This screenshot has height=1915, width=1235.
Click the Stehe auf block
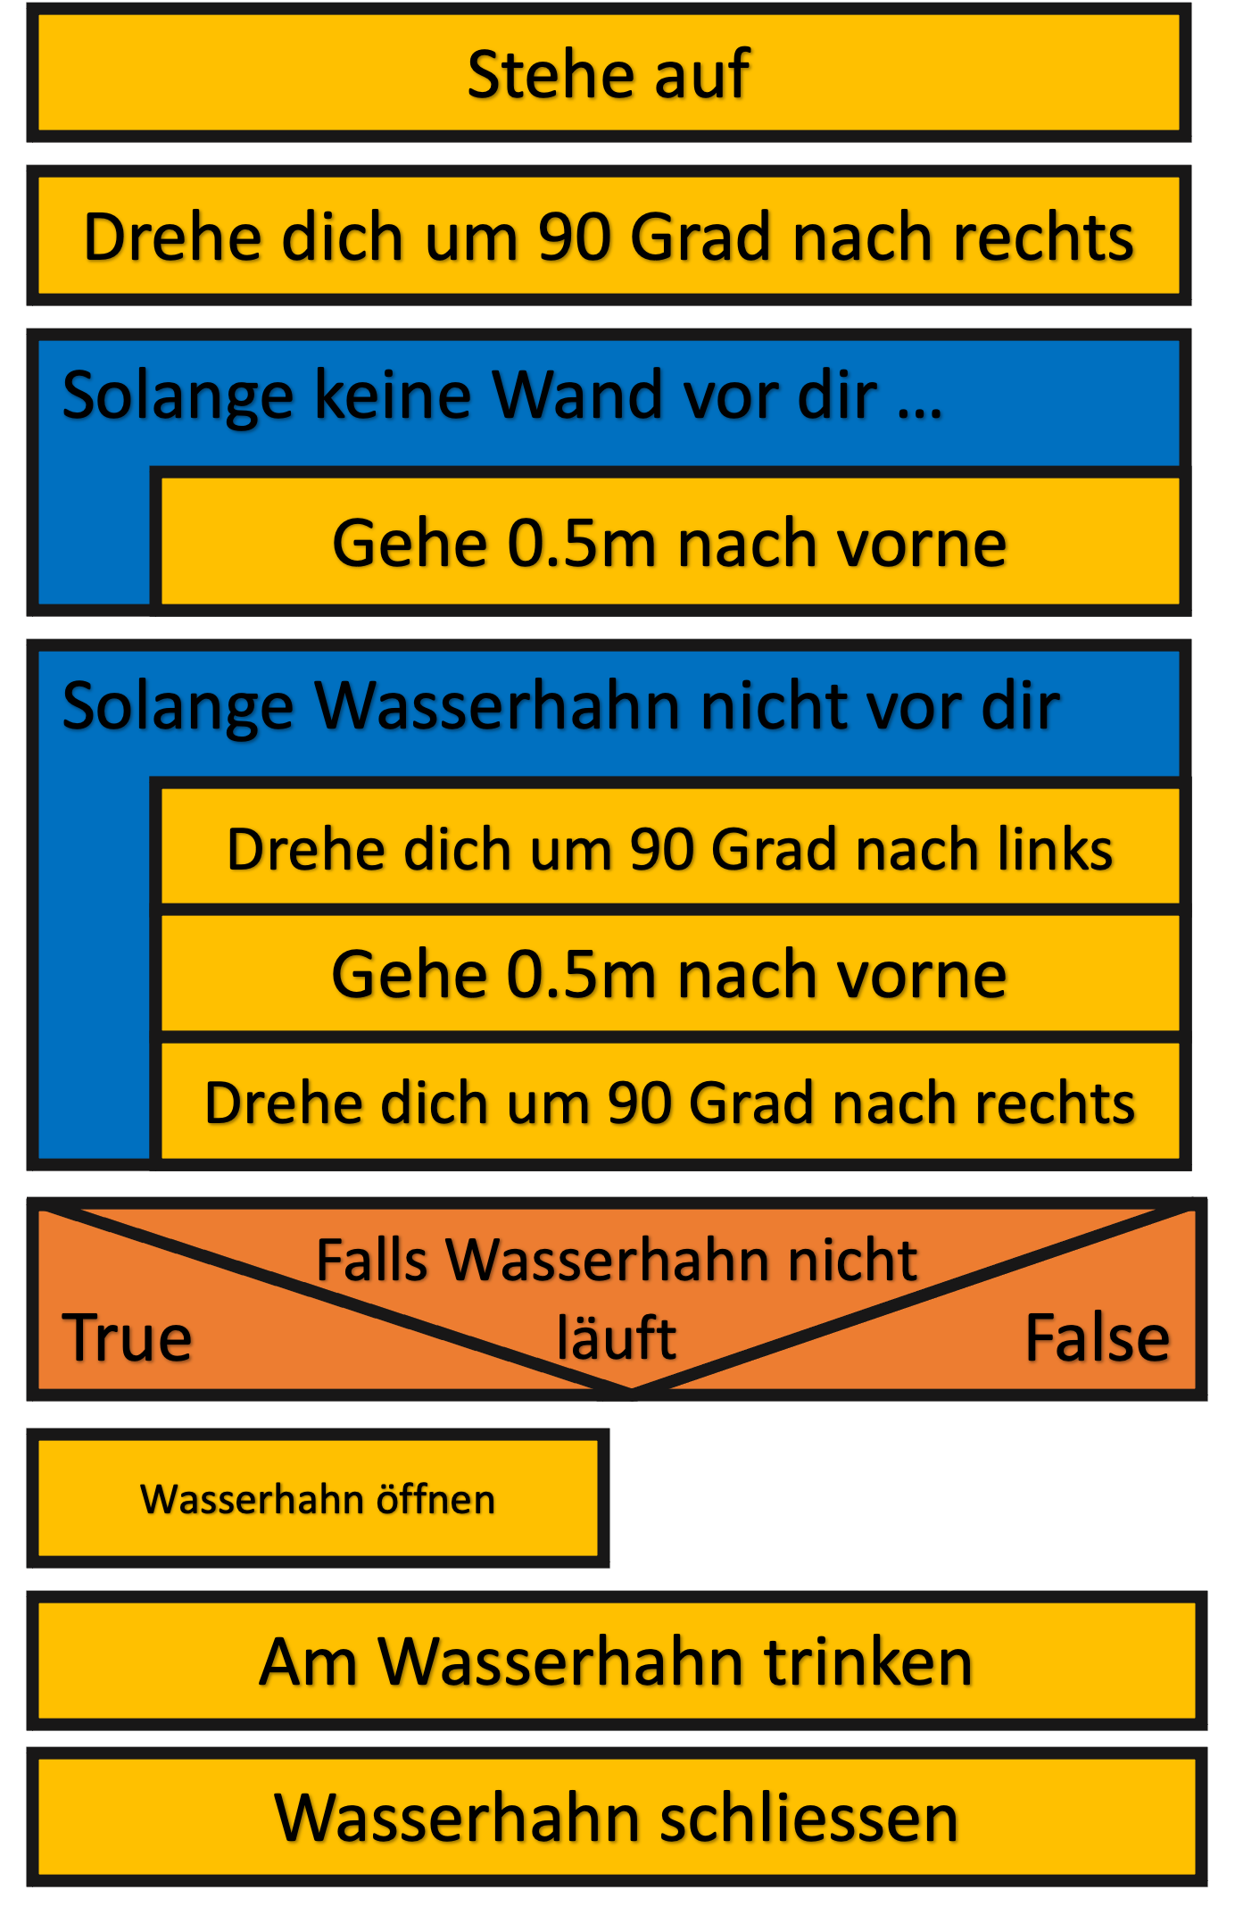tap(609, 74)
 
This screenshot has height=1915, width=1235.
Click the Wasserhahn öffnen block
tap(318, 1499)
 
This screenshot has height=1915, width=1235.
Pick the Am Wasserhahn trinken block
tap(616, 1661)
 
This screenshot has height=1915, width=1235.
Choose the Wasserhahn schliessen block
tap(616, 1818)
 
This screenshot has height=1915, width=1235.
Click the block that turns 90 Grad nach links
tap(669, 848)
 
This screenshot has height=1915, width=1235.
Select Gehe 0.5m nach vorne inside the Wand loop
tap(669, 543)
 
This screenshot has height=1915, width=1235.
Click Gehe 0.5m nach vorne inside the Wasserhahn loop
tap(669, 974)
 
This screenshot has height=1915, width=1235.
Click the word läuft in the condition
tap(616, 1337)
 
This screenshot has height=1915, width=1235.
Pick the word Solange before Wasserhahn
tap(178, 706)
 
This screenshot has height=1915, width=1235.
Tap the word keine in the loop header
tap(393, 395)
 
